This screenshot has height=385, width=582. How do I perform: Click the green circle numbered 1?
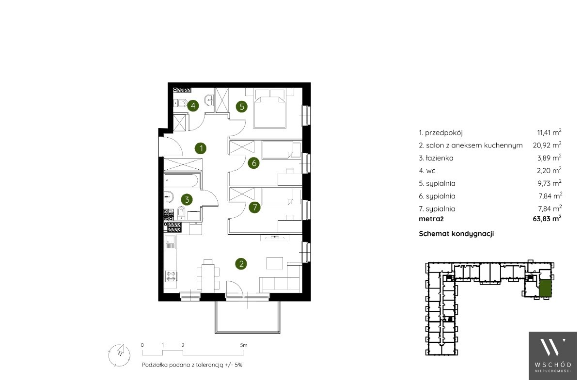201,148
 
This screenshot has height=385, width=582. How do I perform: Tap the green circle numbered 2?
241,264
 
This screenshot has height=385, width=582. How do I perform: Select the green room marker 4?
193,106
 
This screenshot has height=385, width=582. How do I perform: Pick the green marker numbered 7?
254,207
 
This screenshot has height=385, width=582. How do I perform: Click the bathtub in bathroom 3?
182,180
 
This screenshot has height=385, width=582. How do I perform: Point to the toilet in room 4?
180,103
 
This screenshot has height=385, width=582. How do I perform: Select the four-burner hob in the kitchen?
171,276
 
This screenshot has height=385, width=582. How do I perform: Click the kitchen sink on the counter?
171,242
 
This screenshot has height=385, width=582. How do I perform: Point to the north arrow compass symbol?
120,355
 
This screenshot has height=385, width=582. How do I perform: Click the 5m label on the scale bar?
244,345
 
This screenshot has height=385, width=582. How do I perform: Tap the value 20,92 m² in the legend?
547,145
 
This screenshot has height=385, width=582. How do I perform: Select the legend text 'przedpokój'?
444,133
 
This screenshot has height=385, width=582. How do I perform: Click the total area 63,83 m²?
547,218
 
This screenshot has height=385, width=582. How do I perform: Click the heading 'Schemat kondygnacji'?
456,233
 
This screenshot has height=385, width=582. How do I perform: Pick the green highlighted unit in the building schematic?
545,289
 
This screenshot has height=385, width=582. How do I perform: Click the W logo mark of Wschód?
552,347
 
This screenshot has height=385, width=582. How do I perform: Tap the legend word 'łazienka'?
440,158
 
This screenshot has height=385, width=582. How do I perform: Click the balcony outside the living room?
247,317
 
